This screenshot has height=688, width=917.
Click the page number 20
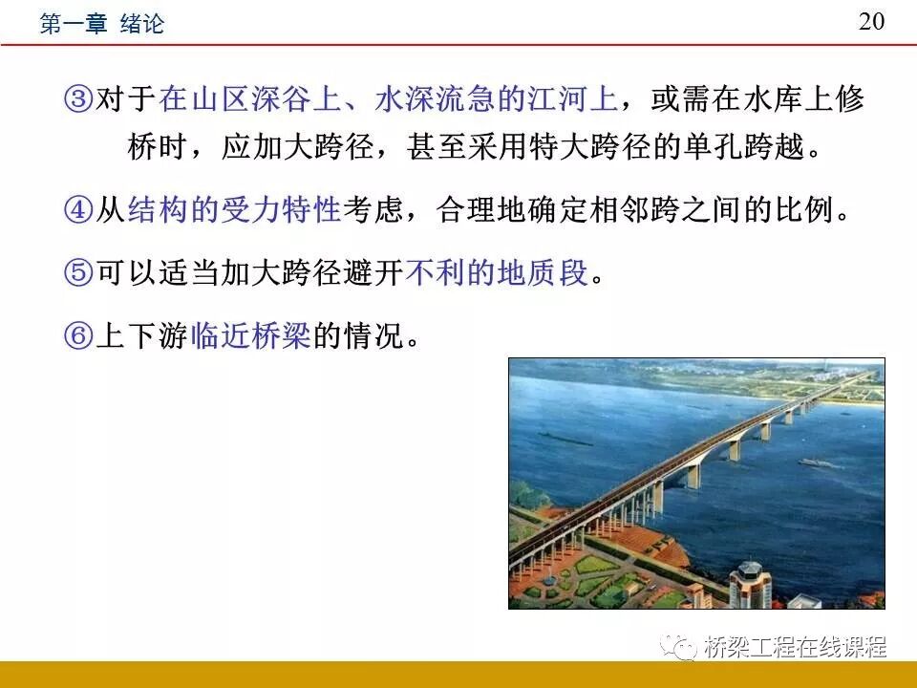(871, 22)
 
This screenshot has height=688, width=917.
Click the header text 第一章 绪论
(101, 24)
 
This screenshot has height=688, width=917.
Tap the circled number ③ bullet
(79, 99)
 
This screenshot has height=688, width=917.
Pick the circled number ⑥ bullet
(79, 336)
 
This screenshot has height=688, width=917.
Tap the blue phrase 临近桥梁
(250, 336)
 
